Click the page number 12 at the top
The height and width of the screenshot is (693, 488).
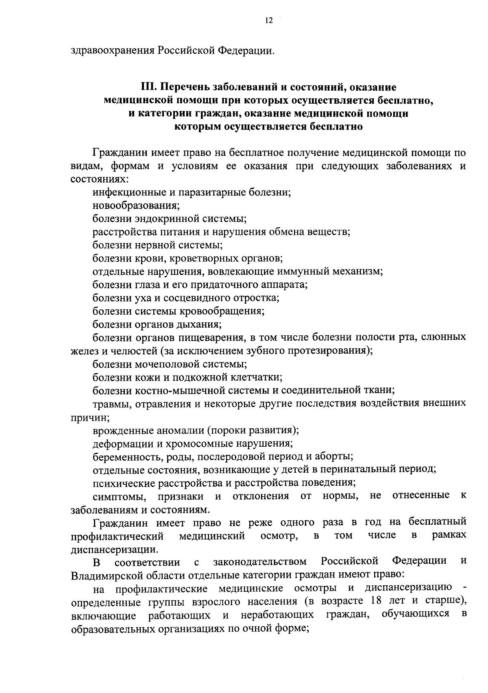[268, 21]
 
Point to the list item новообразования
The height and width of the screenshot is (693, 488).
[136, 206]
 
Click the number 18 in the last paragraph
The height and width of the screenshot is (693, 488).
[378, 602]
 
